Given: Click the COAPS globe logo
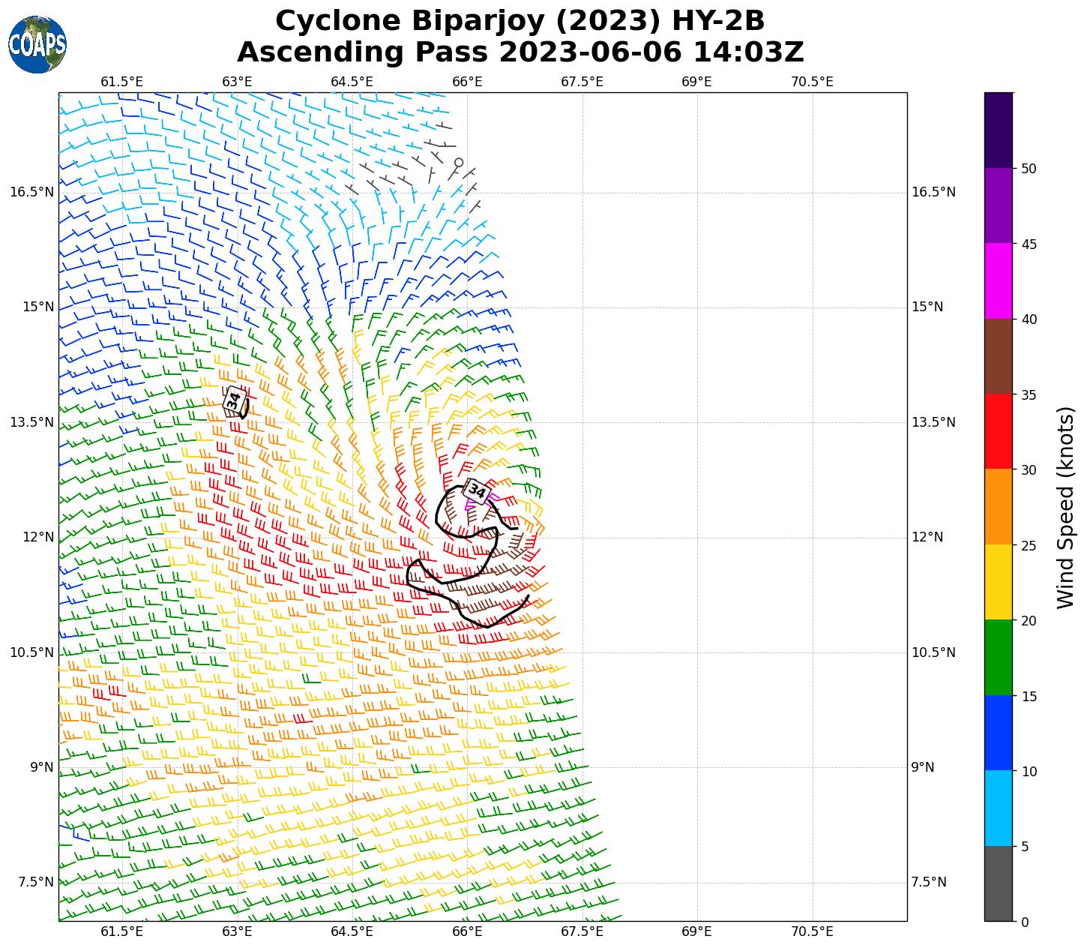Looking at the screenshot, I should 37,44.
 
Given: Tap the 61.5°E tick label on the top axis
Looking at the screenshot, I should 122,82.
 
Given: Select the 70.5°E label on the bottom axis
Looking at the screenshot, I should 812,931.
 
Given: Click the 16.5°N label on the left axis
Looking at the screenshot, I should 31,192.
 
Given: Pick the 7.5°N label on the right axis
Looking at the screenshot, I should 928,882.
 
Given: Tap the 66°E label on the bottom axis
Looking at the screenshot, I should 467,931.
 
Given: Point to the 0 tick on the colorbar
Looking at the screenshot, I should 1024,922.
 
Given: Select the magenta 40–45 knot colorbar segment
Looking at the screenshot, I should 999,280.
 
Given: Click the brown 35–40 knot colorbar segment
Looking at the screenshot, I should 999,356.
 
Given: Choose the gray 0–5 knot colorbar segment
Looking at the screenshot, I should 999,883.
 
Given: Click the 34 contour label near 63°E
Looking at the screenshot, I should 235,399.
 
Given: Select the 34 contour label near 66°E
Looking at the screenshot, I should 477,492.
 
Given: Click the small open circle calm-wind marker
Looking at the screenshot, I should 459,162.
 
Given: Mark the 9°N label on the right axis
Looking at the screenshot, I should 922,767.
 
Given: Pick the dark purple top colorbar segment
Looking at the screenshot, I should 999,130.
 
